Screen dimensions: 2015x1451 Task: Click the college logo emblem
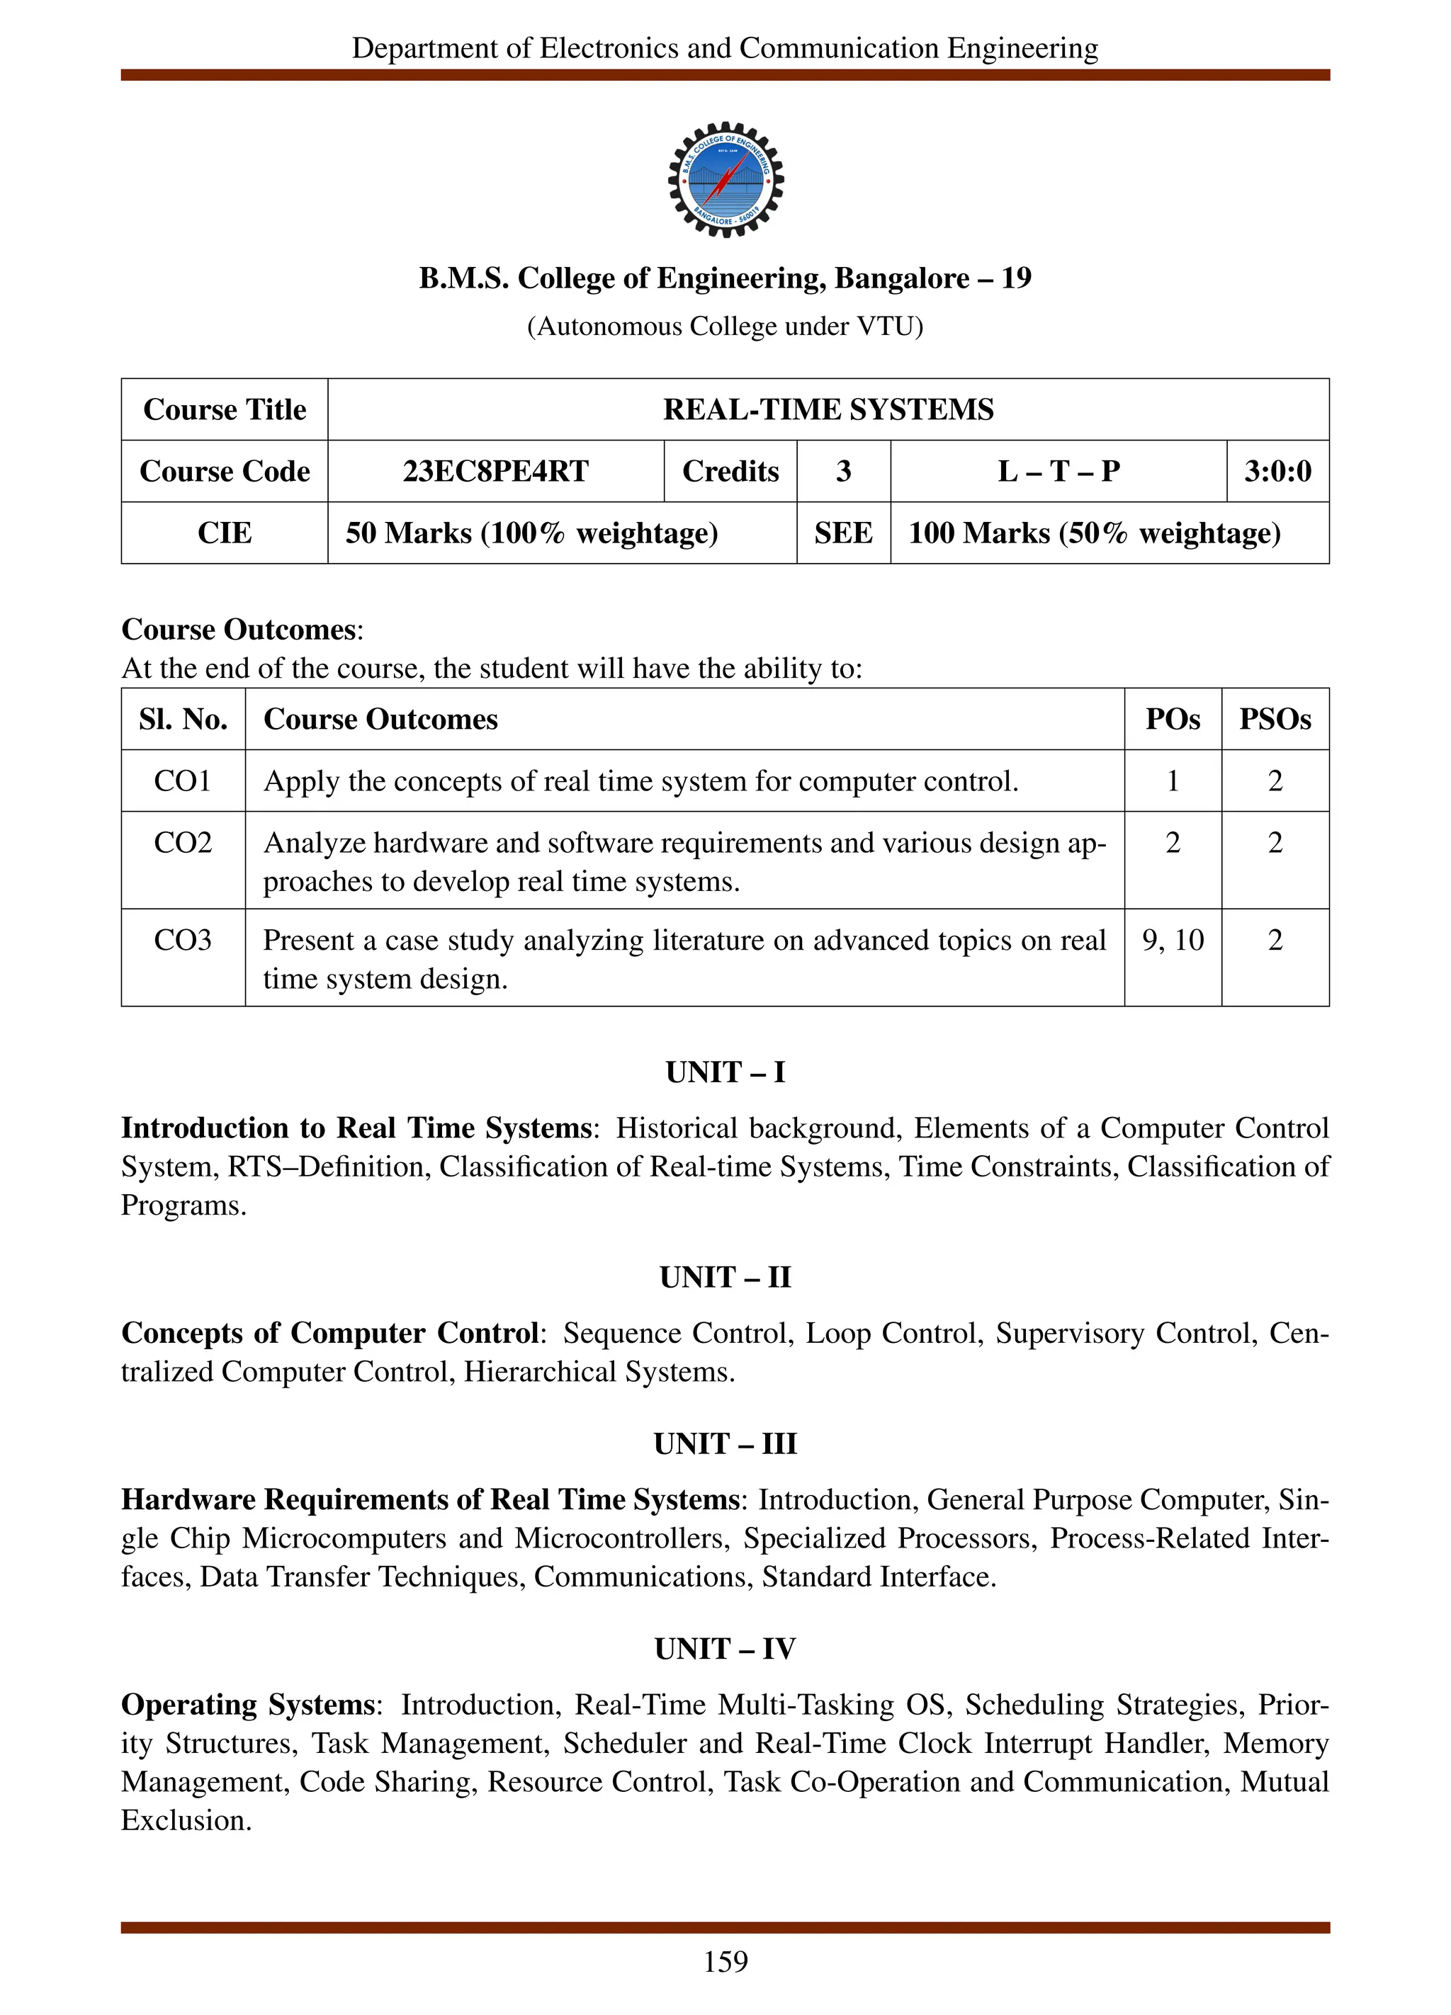pos(725,179)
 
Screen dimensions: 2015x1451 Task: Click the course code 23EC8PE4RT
pos(495,471)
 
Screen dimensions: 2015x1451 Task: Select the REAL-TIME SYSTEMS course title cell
pos(828,409)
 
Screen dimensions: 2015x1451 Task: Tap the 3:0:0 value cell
pos(1277,471)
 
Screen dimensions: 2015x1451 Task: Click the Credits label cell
pos(730,471)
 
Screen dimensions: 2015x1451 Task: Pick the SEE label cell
pos(842,533)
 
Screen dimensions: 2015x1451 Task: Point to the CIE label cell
pos(224,533)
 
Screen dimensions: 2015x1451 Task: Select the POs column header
pos(1172,719)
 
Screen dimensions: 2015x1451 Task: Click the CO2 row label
pos(182,842)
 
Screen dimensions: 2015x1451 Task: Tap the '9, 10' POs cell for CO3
pos(1172,940)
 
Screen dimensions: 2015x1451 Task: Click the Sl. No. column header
pos(183,719)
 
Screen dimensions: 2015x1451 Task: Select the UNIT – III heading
pos(725,1443)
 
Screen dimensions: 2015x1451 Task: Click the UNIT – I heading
pos(725,1072)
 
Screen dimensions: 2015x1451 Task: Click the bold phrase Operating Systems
pos(248,1705)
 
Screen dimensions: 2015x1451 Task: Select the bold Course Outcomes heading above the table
pos(238,629)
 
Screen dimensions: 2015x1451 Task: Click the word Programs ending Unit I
pos(182,1205)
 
